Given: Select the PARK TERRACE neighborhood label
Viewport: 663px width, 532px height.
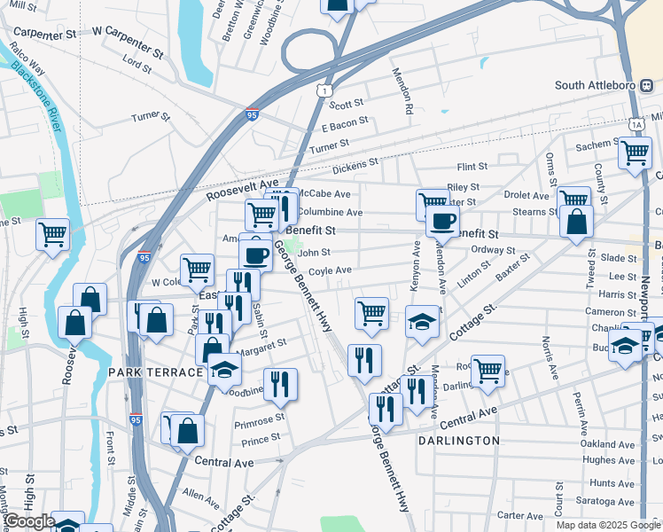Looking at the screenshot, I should tap(155, 372).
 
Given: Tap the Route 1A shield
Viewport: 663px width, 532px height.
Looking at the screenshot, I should tap(636, 123).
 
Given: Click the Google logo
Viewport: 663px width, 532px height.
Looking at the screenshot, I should tap(28, 521).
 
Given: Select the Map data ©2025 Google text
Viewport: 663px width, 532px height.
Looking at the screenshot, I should tap(608, 525).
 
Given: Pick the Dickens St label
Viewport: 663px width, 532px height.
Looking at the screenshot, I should tap(355, 166).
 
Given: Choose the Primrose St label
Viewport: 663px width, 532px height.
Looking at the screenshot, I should tap(260, 418).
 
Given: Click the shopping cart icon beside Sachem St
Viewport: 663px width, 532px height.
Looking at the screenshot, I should tap(635, 152).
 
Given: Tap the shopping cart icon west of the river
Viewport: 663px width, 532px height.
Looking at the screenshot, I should tap(52, 234).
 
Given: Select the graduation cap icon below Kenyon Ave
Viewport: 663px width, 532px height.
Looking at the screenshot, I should tap(423, 321).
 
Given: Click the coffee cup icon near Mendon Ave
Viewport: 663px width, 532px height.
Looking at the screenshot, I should tap(442, 220).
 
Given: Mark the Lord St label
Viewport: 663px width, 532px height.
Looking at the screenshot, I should tap(137, 64).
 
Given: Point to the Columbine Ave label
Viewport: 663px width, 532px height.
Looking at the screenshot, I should tap(330, 213).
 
